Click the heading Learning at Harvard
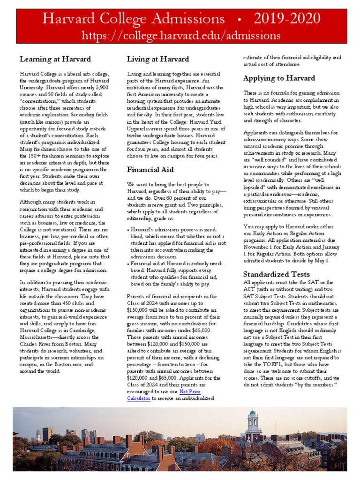pyautogui.click(x=55, y=59)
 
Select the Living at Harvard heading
pyautogui.click(x=158, y=59)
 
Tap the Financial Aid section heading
pyautogui.click(x=150, y=170)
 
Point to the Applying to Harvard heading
pyautogui.click(x=279, y=78)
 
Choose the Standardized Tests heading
pyautogui.click(x=276, y=274)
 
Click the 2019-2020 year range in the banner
pyautogui.click(x=287, y=19)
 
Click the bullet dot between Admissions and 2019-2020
pyautogui.click(x=240, y=20)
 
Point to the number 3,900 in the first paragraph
pyautogui.click(x=99, y=87)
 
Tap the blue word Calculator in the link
pyautogui.click(x=139, y=398)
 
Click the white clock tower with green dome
pyautogui.click(x=253, y=424)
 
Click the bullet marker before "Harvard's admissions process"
pyautogui.click(x=129, y=230)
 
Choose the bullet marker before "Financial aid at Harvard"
pyautogui.click(x=129, y=264)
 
